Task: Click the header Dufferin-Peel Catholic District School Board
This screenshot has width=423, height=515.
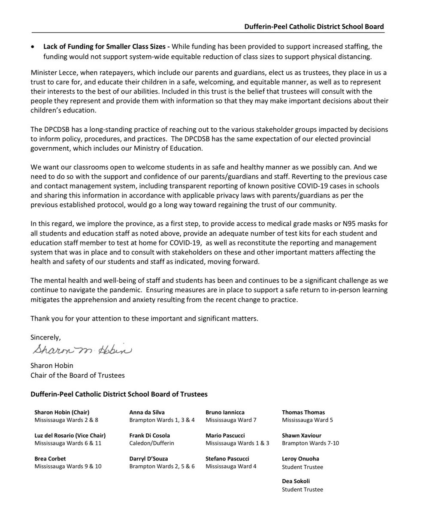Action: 314,27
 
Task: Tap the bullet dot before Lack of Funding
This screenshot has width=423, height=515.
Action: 33,46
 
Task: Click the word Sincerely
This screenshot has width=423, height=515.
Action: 46,337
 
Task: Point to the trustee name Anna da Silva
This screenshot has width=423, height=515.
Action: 147,412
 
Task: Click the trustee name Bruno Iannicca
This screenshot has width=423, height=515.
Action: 225,412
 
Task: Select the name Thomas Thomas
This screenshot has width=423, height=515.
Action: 303,412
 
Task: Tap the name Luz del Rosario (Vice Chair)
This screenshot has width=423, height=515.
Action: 70,436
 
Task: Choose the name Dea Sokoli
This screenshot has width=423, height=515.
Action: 296,482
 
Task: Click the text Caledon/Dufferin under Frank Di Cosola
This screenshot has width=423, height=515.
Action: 151,443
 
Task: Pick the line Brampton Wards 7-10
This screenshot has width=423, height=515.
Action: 310,443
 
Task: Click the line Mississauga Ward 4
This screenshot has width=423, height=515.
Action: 231,467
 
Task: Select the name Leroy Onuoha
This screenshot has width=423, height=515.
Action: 300,459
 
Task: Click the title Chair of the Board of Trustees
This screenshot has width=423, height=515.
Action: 78,376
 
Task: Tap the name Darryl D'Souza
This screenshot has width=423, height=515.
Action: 148,459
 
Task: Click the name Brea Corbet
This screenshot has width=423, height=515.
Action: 50,459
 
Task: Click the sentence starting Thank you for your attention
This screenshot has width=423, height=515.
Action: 144,319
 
